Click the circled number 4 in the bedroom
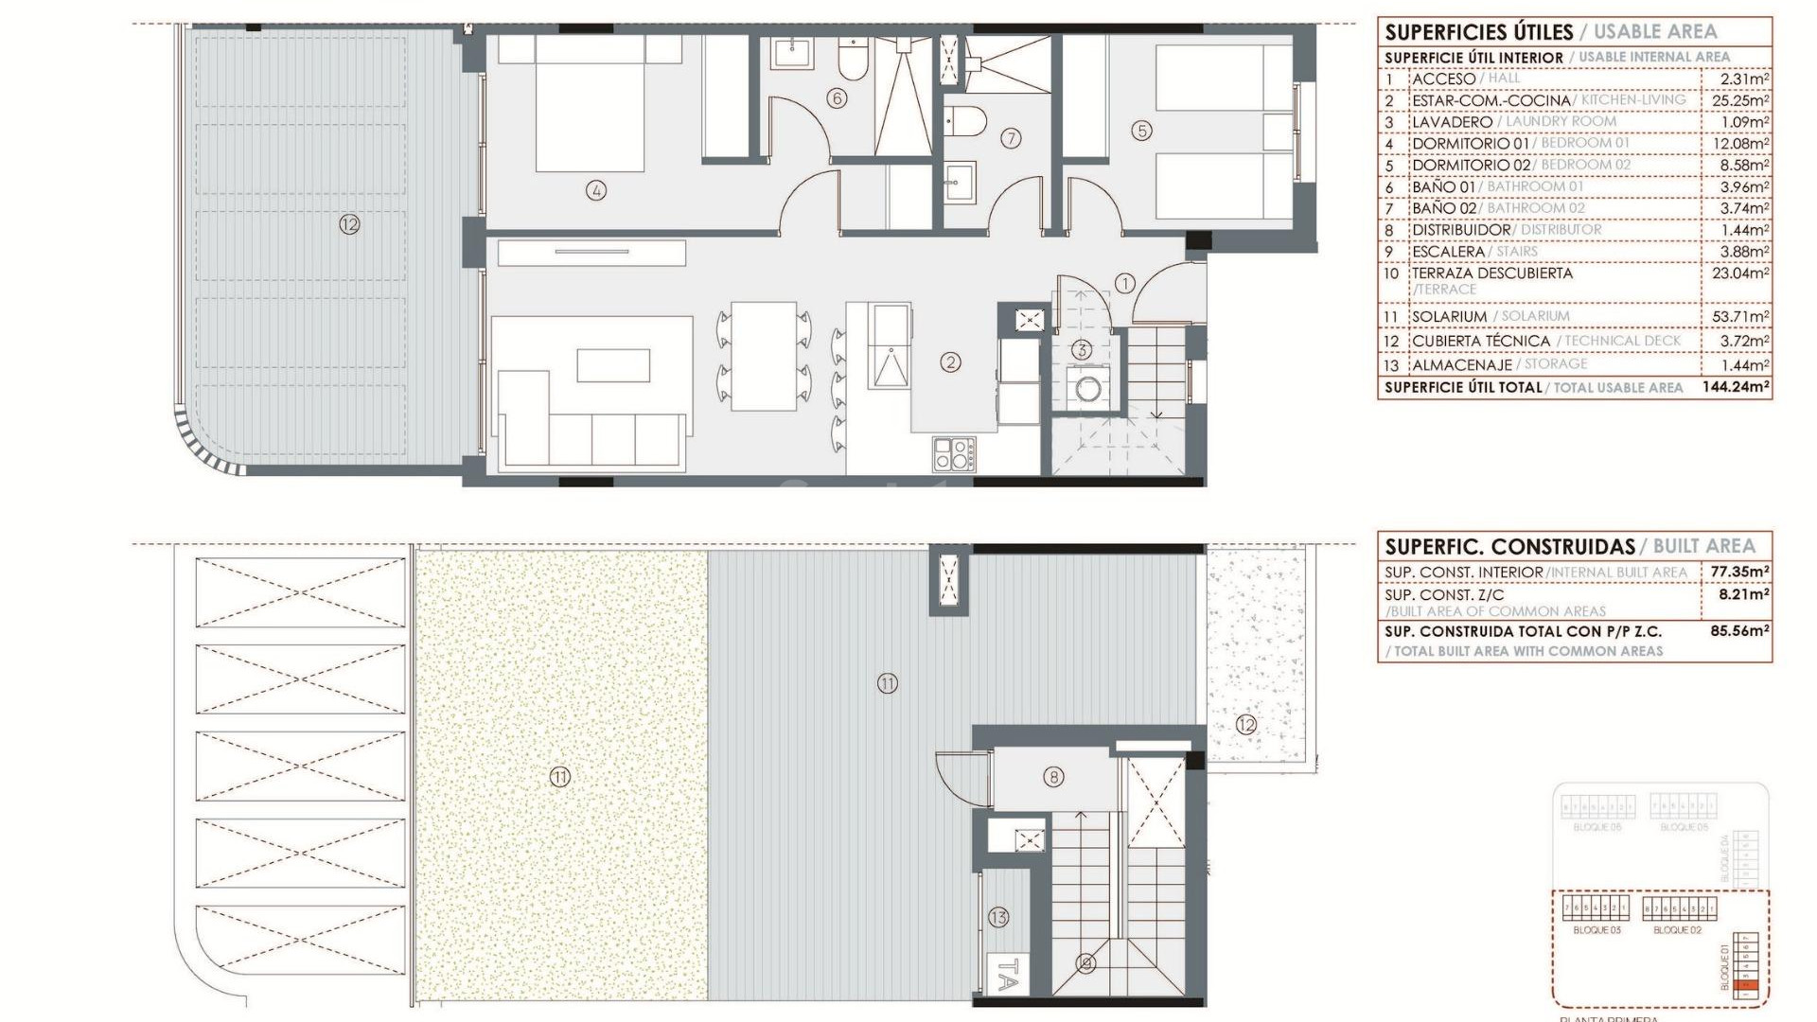pyautogui.click(x=595, y=190)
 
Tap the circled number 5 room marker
pyautogui.click(x=1142, y=131)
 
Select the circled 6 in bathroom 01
pyautogui.click(x=836, y=97)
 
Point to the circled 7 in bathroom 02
pyautogui.click(x=1011, y=138)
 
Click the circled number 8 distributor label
pyautogui.click(x=1053, y=777)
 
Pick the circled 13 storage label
pyautogui.click(x=998, y=916)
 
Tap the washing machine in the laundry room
pyautogui.click(x=1083, y=388)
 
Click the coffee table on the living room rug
pyautogui.click(x=613, y=365)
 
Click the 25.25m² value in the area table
pyautogui.click(x=1740, y=100)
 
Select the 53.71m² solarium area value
pyautogui.click(x=1740, y=316)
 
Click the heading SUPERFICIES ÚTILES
pyautogui.click(x=1478, y=32)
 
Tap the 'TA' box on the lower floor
pyautogui.click(x=1009, y=974)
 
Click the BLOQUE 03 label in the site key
pyautogui.click(x=1596, y=930)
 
